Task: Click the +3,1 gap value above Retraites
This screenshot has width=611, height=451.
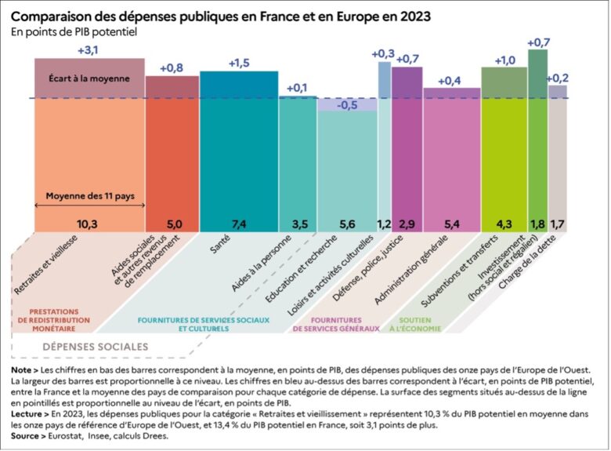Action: pyautogui.click(x=89, y=49)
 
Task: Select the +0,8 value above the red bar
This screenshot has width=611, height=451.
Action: pyautogui.click(x=172, y=67)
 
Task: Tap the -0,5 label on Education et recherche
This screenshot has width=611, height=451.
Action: pyautogui.click(x=347, y=106)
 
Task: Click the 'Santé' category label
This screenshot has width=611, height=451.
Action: pyautogui.click(x=219, y=249)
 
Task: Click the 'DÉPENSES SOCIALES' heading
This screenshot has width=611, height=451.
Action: pyautogui.click(x=95, y=346)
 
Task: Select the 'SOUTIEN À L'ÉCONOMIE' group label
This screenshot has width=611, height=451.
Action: pyautogui.click(x=410, y=324)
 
